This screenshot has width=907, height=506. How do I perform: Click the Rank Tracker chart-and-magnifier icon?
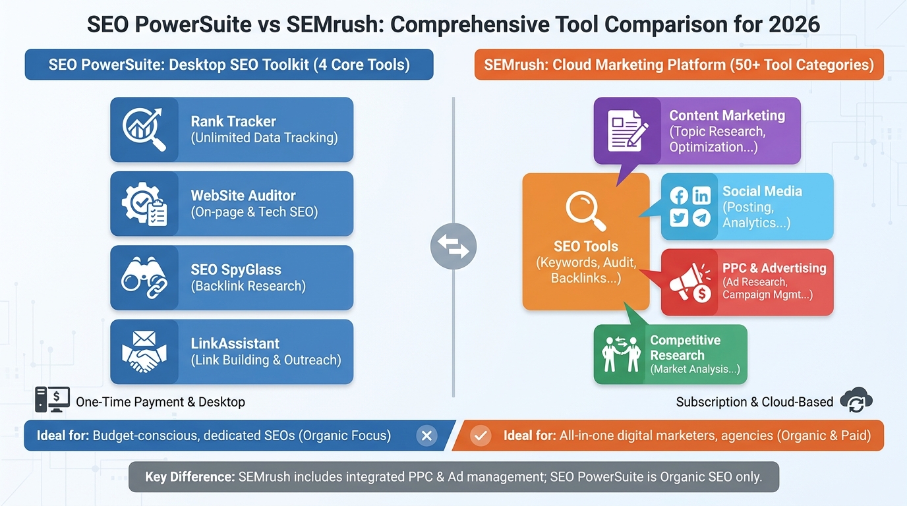tap(143, 129)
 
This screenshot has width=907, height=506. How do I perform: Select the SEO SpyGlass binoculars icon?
tap(143, 277)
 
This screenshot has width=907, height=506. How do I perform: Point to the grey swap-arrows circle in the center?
tap(453, 247)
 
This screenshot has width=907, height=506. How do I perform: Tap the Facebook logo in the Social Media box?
tap(679, 196)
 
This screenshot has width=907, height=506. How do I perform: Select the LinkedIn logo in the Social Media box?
tap(702, 196)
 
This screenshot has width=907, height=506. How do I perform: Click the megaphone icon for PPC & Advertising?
tap(689, 282)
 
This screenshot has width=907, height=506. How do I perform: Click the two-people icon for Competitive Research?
tap(622, 354)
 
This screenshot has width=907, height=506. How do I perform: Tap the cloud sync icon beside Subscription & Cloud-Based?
tap(856, 401)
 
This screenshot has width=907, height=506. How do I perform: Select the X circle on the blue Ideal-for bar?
tap(426, 436)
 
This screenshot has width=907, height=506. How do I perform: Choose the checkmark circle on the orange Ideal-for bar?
tap(481, 436)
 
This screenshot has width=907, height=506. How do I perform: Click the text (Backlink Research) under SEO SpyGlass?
tap(249, 286)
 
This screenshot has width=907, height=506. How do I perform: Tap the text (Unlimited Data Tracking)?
tap(264, 138)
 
